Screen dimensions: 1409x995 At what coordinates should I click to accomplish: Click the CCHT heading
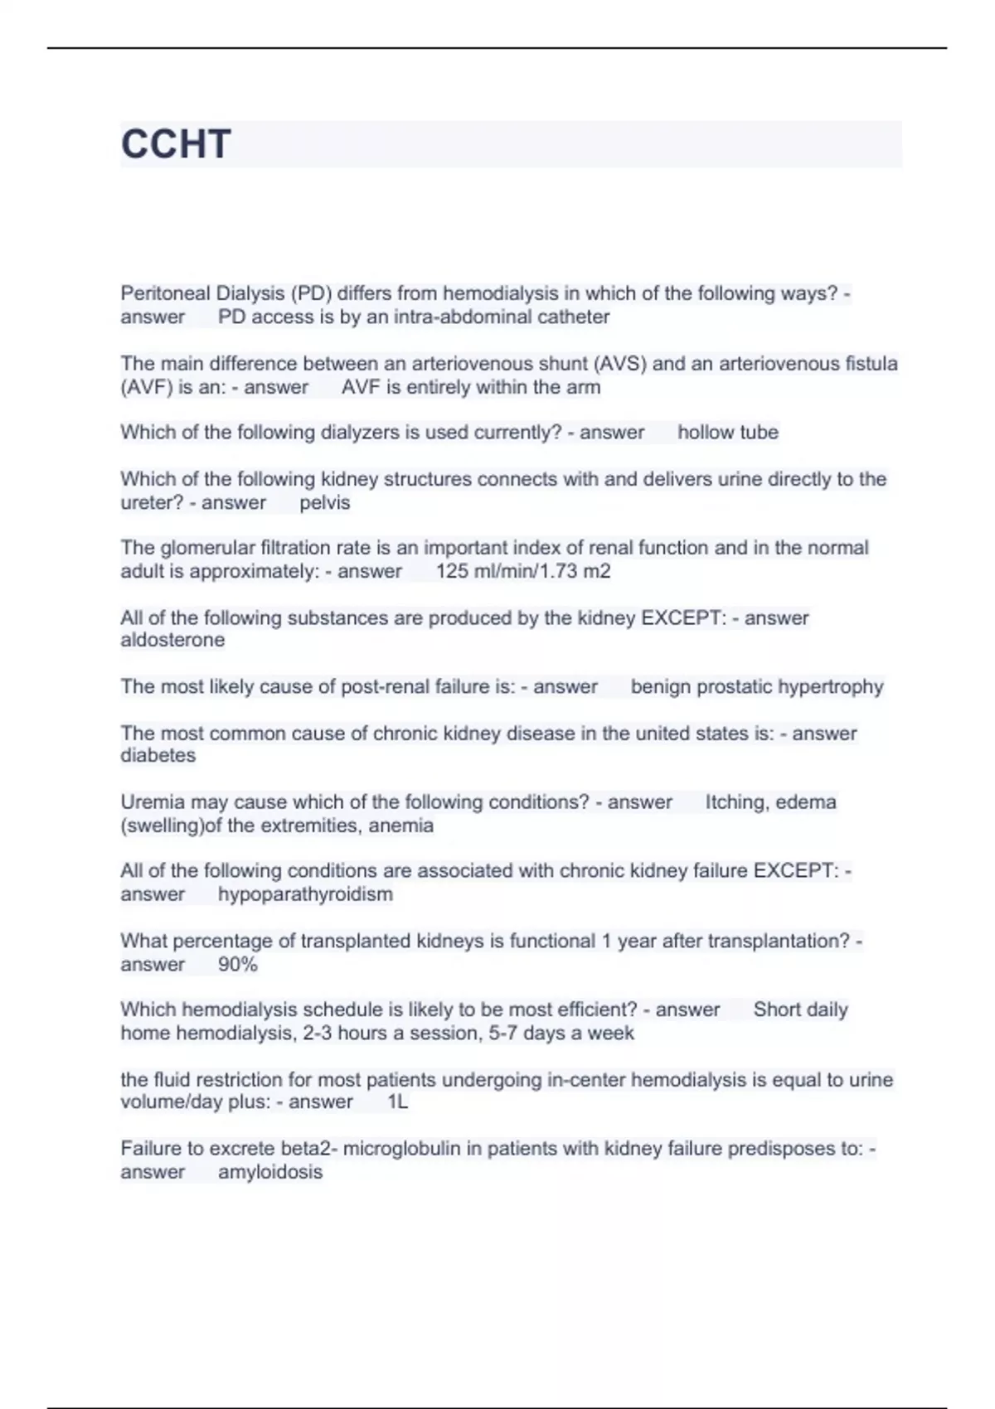[176, 144]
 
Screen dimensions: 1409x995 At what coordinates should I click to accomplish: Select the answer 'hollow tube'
[727, 433]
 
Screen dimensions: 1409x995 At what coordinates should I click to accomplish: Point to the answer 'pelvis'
[324, 503]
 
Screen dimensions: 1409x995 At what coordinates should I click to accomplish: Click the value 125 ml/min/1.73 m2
[522, 571]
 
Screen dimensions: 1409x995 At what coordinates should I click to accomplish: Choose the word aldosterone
[172, 640]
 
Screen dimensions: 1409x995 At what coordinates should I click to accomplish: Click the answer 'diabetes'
[158, 756]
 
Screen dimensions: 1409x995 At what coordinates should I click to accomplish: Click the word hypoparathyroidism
[305, 894]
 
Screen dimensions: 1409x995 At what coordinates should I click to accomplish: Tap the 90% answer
[237, 965]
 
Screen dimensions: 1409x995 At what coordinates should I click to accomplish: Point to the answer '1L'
[397, 1102]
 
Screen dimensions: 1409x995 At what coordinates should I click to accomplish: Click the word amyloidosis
[269, 1172]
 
